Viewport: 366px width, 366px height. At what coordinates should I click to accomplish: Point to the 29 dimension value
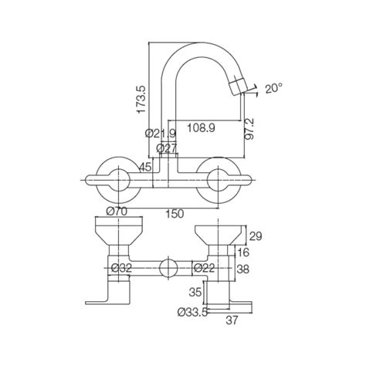258,235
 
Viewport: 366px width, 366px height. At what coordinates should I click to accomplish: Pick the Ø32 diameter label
120,268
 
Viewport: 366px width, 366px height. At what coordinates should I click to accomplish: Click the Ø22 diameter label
203,268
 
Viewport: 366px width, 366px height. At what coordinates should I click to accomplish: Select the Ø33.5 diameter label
193,313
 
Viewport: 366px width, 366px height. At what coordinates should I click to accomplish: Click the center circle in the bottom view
165,269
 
